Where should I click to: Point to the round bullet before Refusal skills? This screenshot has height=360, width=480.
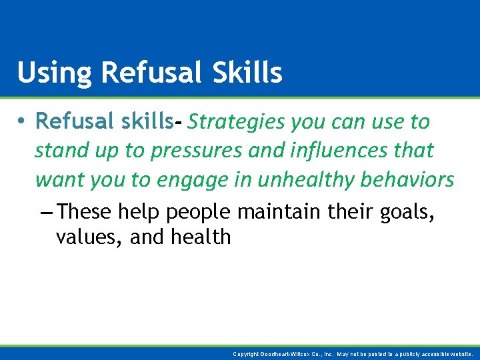point(22,122)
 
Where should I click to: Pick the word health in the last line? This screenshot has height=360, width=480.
point(199,237)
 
